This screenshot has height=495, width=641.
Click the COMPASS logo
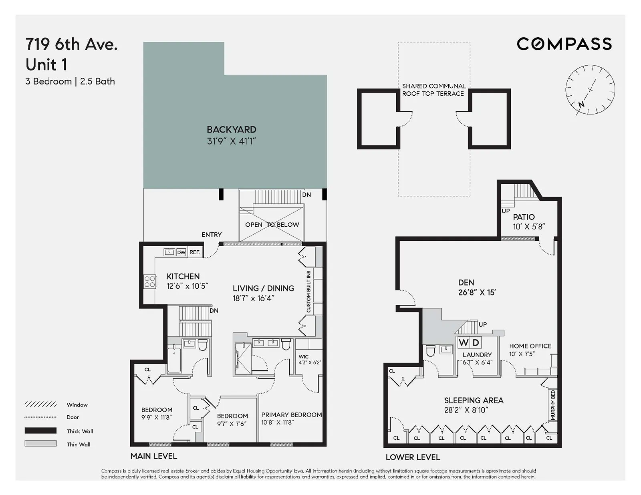point(564,44)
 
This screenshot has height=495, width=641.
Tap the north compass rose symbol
point(590,90)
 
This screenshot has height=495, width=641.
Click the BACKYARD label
point(231,129)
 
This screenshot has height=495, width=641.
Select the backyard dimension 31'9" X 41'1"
point(231,141)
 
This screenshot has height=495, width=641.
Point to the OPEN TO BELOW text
point(272,225)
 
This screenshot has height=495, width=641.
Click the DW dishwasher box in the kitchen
point(181,252)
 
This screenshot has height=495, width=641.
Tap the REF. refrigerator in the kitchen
point(195,252)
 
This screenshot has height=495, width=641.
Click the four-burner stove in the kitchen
point(150,282)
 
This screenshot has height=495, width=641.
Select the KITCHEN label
point(183,276)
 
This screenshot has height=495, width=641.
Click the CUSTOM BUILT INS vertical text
point(308,292)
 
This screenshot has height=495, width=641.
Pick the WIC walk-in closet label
point(304,356)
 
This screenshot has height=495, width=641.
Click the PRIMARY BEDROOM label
point(291,415)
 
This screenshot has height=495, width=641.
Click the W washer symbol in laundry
point(464,342)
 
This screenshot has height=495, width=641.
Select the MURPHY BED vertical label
point(553,405)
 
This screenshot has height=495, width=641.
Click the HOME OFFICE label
point(530,346)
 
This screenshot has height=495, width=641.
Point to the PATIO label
point(524,217)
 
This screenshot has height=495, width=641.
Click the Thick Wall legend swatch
point(40,431)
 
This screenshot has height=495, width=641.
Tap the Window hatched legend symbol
point(40,404)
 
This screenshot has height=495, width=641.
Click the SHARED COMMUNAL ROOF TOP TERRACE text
point(433,90)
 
